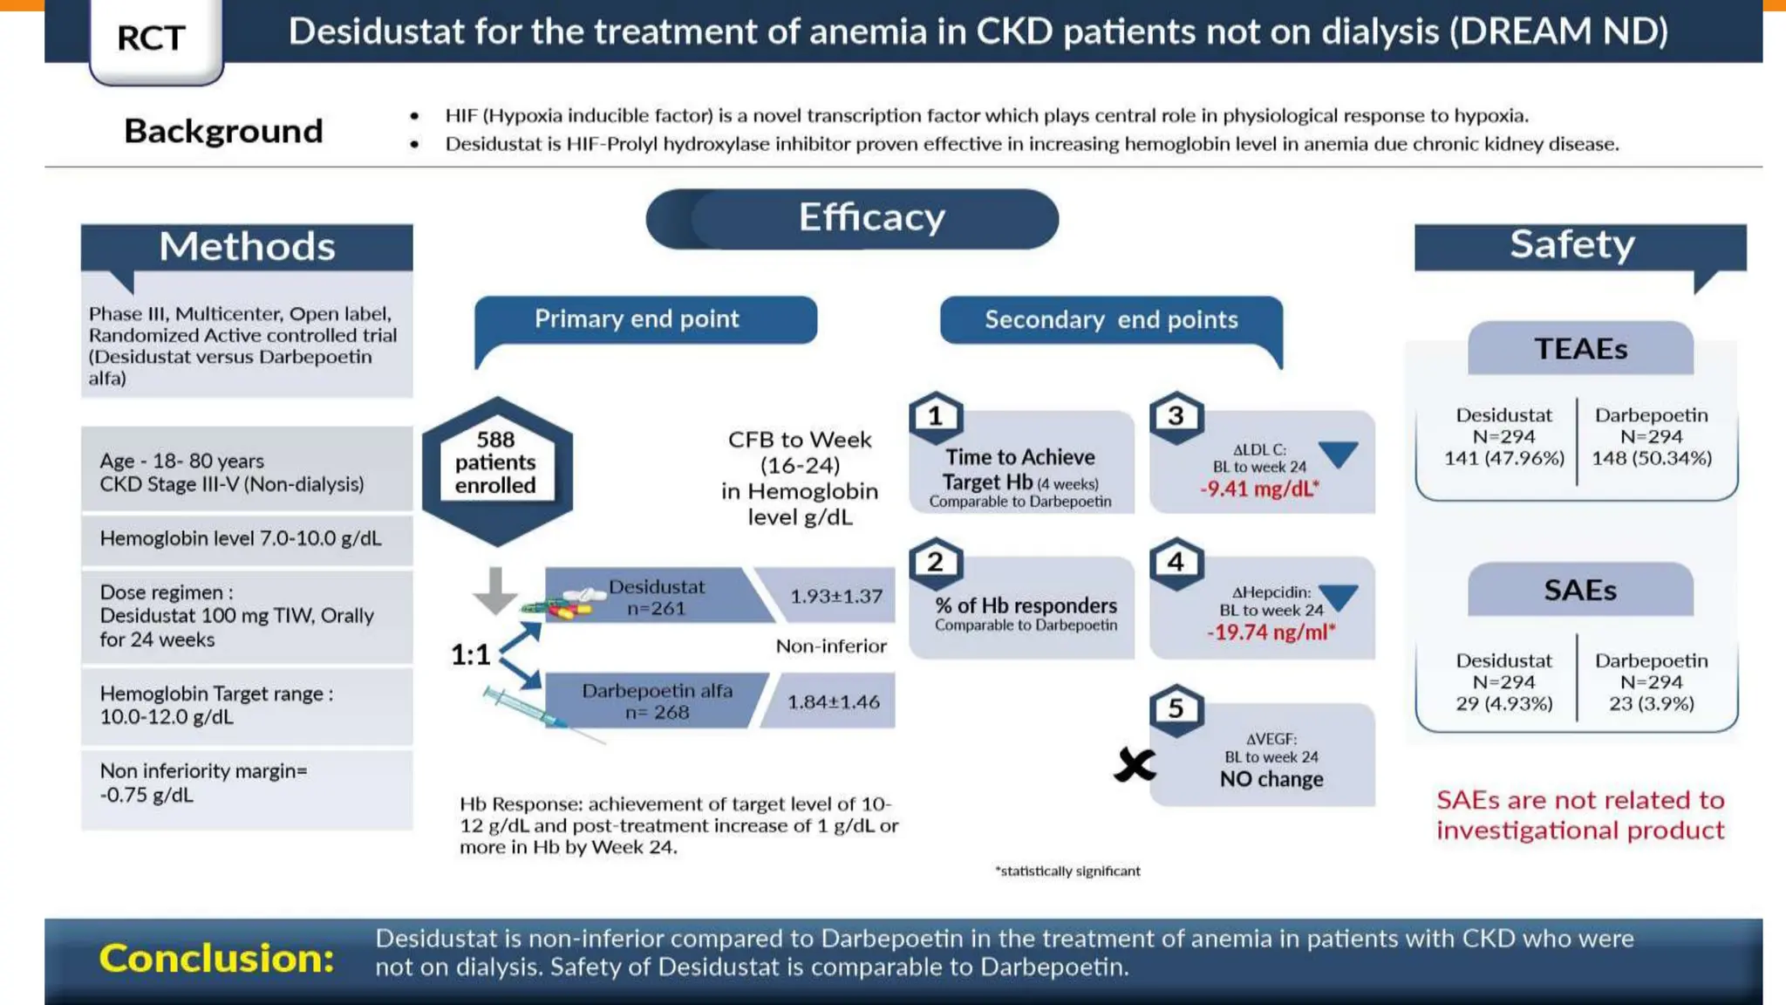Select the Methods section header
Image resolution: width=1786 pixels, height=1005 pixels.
click(247, 247)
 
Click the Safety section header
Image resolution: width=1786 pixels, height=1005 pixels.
click(1572, 245)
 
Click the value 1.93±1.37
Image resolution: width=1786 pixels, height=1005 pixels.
click(835, 597)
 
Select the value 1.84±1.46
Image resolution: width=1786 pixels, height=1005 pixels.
click(833, 702)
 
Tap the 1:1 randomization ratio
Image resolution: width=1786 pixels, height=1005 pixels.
click(470, 654)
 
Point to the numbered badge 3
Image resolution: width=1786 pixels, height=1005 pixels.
click(1176, 416)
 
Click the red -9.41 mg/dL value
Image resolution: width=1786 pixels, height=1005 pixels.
click(1259, 489)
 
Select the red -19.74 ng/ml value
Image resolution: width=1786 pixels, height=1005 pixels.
click(1271, 632)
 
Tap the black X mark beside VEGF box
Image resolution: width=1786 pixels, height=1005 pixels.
click(1134, 766)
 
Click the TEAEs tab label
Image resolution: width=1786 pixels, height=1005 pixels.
click(1580, 349)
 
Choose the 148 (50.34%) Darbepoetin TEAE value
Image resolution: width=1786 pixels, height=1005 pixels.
click(1652, 458)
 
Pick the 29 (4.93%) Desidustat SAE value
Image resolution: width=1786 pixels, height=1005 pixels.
click(1504, 704)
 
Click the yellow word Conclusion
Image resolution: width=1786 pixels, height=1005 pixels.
click(216, 958)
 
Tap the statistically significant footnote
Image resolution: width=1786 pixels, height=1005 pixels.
click(1067, 871)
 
